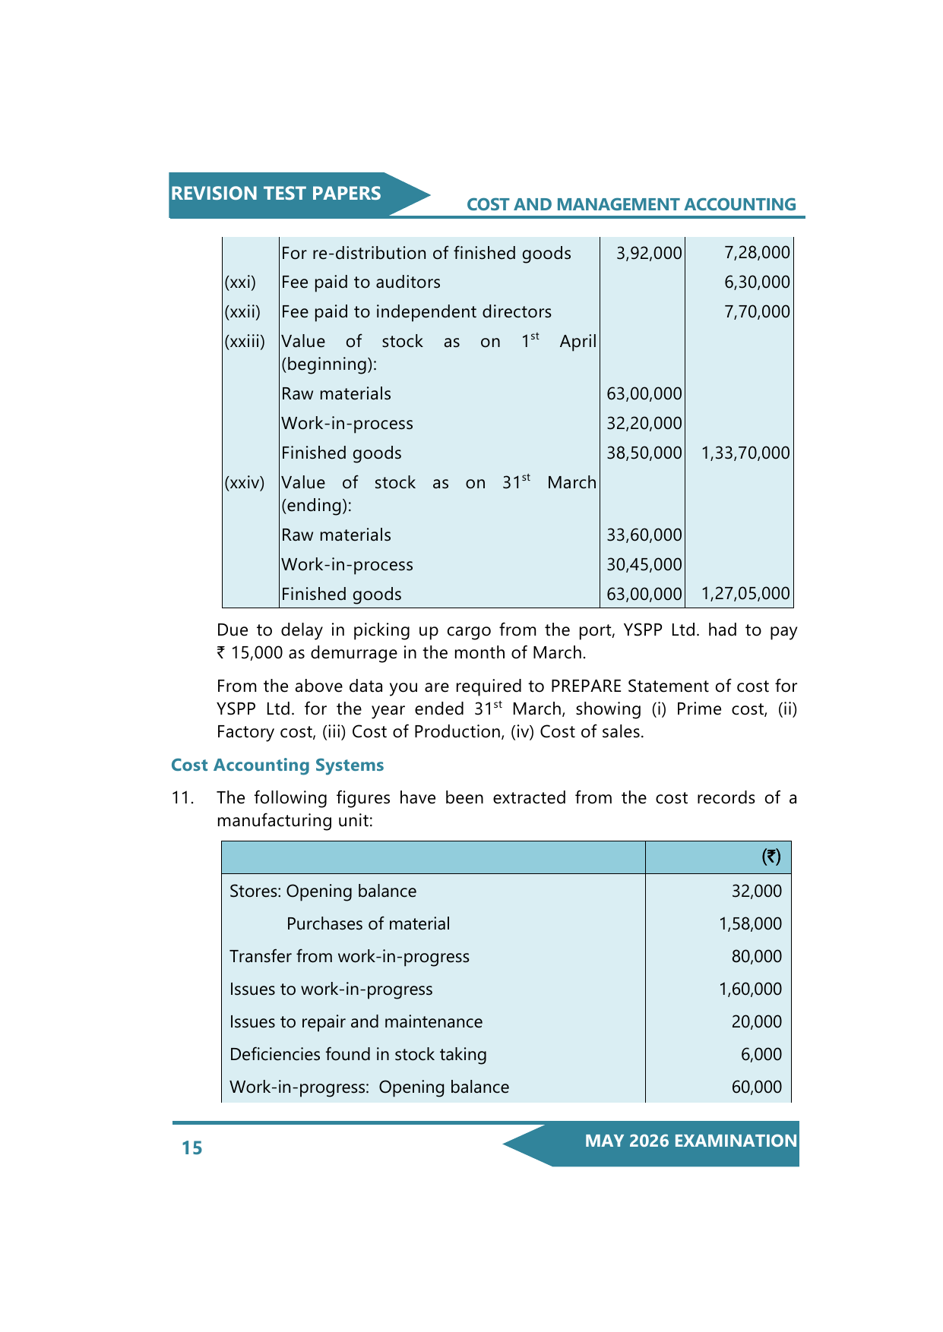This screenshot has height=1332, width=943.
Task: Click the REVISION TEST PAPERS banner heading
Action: tap(276, 194)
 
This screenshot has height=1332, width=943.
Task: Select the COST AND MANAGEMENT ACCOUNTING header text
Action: tap(631, 205)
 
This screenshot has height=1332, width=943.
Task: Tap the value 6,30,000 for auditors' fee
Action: tap(757, 282)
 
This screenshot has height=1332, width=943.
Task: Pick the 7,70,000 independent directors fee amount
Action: tap(757, 312)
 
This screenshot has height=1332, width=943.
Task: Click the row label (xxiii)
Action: tap(245, 342)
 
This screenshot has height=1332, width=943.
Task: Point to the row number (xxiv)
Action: tap(245, 483)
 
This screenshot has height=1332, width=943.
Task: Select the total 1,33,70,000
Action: tap(745, 453)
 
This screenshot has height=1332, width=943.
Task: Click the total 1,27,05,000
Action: tap(745, 594)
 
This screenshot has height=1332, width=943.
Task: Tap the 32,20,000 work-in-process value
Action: tap(644, 424)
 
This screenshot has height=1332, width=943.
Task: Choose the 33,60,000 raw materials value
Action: tap(644, 535)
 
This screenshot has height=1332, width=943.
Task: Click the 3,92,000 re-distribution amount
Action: tap(649, 254)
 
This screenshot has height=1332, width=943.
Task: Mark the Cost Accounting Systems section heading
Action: tap(277, 765)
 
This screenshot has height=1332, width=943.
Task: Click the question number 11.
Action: tap(182, 798)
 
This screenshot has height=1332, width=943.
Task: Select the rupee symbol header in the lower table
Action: tap(771, 857)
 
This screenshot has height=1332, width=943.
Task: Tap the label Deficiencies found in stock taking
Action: tap(358, 1055)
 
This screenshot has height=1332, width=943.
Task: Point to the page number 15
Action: tap(192, 1147)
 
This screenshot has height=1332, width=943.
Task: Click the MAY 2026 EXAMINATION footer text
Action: tap(691, 1141)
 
